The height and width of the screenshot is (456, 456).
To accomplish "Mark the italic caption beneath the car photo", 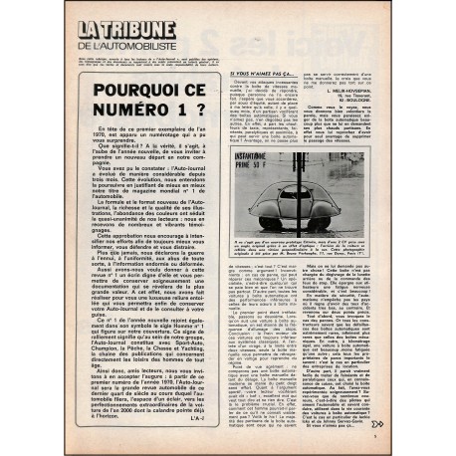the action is pyautogui.click(x=302, y=244).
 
